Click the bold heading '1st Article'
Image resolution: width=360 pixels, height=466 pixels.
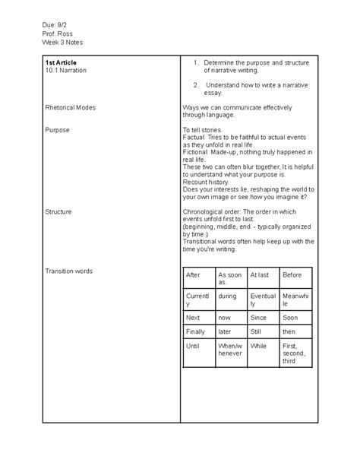62,62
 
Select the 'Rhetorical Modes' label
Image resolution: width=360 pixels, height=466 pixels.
71,107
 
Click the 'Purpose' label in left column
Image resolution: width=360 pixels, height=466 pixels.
57,130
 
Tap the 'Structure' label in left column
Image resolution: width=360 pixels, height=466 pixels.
58,211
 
